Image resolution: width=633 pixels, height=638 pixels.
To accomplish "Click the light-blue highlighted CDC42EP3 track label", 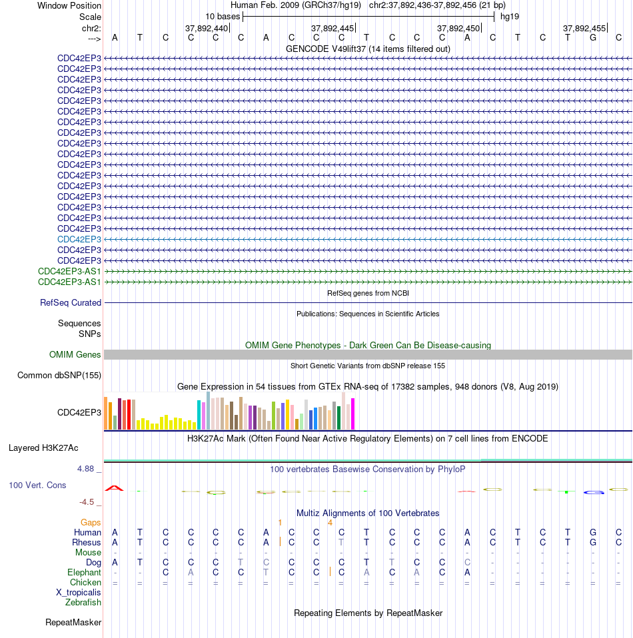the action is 79,239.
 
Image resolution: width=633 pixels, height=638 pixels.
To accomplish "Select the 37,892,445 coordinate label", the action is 332,28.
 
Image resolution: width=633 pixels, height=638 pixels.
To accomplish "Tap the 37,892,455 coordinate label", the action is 584,28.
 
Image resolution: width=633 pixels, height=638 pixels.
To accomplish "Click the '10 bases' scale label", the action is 223,17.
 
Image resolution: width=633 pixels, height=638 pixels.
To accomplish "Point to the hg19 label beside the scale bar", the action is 510,17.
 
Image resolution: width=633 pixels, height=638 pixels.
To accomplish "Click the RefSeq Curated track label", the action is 71,303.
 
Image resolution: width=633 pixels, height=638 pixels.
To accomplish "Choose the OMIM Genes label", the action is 75,354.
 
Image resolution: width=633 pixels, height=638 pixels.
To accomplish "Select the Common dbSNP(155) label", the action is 59,375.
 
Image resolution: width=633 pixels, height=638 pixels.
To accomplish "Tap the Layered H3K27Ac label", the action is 43,448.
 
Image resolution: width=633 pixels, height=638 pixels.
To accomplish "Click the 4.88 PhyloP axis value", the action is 86,469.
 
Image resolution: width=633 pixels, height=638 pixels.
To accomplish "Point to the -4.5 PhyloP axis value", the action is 87,502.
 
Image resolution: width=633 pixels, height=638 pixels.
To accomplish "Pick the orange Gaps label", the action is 91,522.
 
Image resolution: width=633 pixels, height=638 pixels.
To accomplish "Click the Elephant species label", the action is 84,573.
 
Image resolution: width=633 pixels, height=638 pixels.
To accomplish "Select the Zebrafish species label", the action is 83,602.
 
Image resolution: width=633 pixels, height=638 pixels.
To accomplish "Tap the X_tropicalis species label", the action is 78,593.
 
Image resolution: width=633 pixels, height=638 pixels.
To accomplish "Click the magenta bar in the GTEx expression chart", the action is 353,414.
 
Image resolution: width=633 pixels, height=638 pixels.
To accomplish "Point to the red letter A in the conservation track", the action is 115,488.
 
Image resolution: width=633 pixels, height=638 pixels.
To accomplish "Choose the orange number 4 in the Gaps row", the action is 330,522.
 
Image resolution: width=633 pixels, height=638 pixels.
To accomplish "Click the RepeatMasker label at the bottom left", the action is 73,623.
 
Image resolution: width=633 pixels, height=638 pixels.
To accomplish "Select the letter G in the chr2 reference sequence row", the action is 593,38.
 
